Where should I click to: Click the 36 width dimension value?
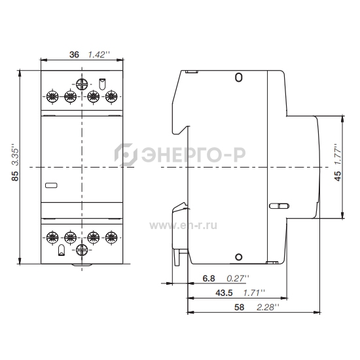pyautogui.click(x=74, y=54)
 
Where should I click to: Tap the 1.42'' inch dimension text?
pyautogui.click(x=99, y=54)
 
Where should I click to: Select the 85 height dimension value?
pyautogui.click(x=15, y=176)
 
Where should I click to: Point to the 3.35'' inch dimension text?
pyautogui.click(x=15, y=154)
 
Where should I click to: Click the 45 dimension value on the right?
pyautogui.click(x=338, y=176)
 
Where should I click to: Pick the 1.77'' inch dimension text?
pyautogui.click(x=338, y=154)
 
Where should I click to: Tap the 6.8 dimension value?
pyautogui.click(x=209, y=278)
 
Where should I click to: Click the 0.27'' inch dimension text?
pyautogui.click(x=238, y=278)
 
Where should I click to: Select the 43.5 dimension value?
pyautogui.click(x=224, y=293)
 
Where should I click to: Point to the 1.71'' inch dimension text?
pyautogui.click(x=254, y=293)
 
